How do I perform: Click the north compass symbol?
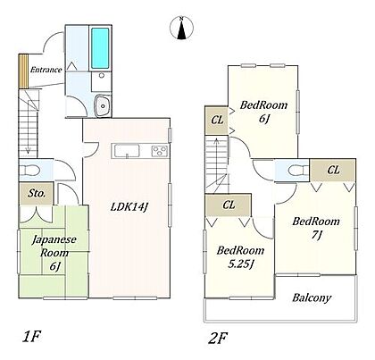pyautogui.click(x=181, y=29)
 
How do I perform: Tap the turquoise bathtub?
pyautogui.click(x=100, y=48)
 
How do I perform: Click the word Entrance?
pyautogui.click(x=46, y=70)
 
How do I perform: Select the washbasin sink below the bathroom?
pyautogui.click(x=103, y=105)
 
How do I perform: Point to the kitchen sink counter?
pyautogui.click(x=126, y=151)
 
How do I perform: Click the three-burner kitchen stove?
pyautogui.click(x=160, y=151)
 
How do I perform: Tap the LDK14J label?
pyautogui.click(x=129, y=206)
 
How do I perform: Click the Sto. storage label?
pyautogui.click(x=37, y=193)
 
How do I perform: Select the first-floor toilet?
pyautogui.click(x=29, y=171)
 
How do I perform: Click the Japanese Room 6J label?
pyautogui.click(x=54, y=253)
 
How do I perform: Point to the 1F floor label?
pyautogui.click(x=31, y=337)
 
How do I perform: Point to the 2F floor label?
pyautogui.click(x=218, y=339)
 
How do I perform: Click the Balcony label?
pyautogui.click(x=312, y=297)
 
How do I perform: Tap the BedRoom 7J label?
pyautogui.click(x=316, y=228)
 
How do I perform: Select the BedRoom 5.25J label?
pyautogui.click(x=240, y=256)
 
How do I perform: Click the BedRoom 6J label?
pyautogui.click(x=263, y=112)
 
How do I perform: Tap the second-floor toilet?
pyautogui.click(x=298, y=171)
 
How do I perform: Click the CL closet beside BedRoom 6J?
pyautogui.click(x=217, y=121)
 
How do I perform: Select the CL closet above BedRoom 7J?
pyautogui.click(x=333, y=170)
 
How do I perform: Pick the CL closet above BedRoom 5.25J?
pyautogui.click(x=229, y=205)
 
